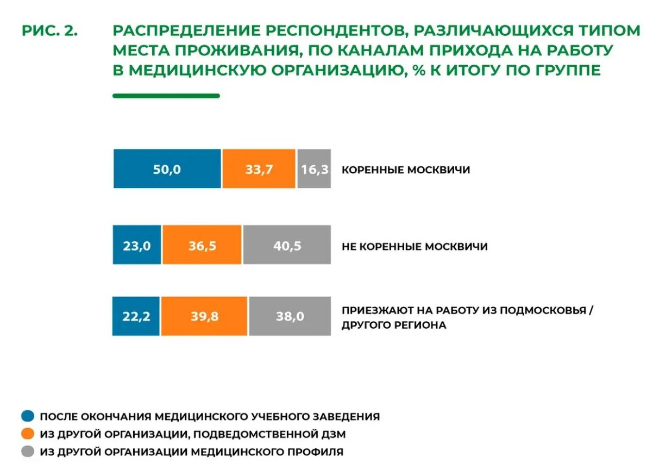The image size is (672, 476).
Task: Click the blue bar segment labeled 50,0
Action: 167,168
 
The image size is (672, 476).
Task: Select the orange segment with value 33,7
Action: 259,168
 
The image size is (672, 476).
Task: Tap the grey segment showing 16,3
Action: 314,168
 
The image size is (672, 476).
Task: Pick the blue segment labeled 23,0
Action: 137,245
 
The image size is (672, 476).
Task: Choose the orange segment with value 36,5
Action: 202,245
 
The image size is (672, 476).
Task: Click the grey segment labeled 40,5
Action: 287,245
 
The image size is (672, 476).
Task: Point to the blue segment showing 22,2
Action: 136,316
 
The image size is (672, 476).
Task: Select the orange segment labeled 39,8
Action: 204,316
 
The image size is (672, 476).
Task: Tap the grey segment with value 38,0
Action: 290,316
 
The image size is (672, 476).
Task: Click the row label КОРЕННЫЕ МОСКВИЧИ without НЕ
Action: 406,170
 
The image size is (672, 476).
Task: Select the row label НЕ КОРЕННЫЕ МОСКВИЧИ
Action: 414,246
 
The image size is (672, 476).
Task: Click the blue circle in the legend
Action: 28,416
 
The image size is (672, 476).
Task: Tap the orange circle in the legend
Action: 28,434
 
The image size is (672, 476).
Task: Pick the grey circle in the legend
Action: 28,451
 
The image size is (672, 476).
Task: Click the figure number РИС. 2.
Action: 50,30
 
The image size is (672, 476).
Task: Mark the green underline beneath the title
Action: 166,96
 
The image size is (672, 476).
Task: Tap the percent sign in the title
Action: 419,70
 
